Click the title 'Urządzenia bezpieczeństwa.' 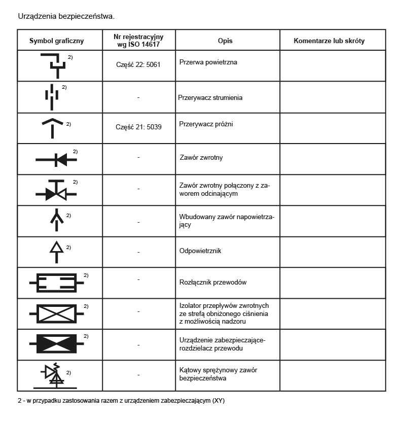[66, 16]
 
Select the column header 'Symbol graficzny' [56, 41]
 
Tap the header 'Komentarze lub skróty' [329, 41]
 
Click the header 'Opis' [225, 41]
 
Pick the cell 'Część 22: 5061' [138, 65]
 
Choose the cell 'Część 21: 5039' [138, 127]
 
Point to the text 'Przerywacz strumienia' [210, 97]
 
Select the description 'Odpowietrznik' [200, 251]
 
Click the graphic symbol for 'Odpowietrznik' [56, 251]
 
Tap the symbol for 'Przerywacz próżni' [53, 127]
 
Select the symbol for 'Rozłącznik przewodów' [56, 283]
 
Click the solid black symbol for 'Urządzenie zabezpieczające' [56, 343]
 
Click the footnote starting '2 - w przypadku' [121, 401]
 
